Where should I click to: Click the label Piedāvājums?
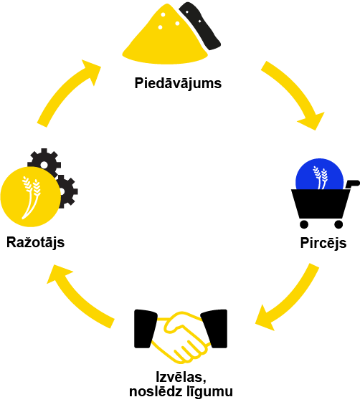click(x=178, y=83)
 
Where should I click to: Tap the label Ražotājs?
click(x=35, y=242)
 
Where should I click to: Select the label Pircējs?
click(x=323, y=243)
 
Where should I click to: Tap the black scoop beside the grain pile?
click(x=200, y=26)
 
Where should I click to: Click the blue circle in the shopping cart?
click(x=319, y=174)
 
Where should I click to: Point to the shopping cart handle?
click(x=353, y=183)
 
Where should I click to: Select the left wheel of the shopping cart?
click(x=304, y=224)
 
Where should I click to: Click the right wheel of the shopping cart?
click(x=338, y=224)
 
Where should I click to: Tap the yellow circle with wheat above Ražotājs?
click(x=31, y=197)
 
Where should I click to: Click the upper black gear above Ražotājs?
click(x=44, y=162)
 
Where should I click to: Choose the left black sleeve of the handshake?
click(x=145, y=329)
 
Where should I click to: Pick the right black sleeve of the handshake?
click(x=215, y=329)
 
